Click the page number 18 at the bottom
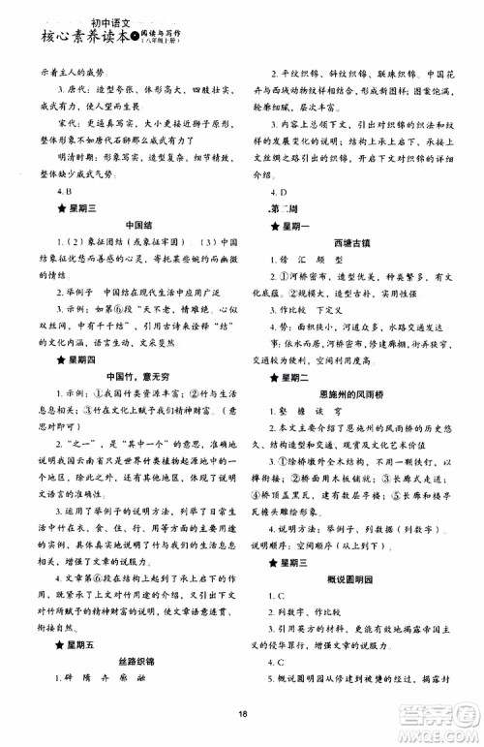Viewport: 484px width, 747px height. point(243,715)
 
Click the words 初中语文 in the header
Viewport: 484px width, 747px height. point(95,12)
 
